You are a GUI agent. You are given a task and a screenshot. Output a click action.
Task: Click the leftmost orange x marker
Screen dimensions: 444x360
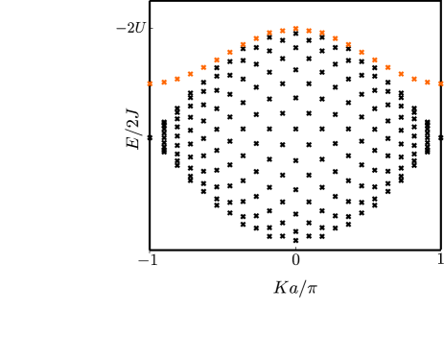[150, 84]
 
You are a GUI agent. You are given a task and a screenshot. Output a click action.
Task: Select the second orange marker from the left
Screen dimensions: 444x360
[164, 82]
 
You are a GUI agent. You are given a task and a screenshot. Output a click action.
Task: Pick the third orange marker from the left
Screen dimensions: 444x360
[177, 78]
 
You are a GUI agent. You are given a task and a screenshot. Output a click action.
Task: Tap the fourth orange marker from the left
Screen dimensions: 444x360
[190, 73]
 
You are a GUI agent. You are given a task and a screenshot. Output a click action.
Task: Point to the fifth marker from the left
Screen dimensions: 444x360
[203, 67]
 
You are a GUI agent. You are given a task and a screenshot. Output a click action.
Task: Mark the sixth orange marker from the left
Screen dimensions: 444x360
[217, 60]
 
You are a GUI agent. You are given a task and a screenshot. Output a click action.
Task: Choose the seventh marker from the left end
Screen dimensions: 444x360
[229, 52]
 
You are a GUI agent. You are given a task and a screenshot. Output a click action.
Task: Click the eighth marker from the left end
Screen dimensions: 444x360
[243, 44]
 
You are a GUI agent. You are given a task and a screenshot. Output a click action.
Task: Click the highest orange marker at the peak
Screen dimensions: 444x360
[295, 28]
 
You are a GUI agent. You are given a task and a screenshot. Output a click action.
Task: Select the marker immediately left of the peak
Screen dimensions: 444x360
[283, 30]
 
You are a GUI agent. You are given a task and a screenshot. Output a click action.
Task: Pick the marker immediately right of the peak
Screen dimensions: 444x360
[309, 30]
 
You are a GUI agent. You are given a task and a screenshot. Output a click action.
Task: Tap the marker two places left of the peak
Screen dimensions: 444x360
[269, 33]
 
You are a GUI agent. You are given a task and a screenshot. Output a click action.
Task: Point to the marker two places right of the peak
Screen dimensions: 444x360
[322, 33]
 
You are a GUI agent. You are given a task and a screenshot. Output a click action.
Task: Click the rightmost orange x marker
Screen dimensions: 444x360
[440, 84]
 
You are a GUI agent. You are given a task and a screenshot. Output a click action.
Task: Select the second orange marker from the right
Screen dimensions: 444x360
[427, 82]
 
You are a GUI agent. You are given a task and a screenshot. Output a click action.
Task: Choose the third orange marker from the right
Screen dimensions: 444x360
[413, 78]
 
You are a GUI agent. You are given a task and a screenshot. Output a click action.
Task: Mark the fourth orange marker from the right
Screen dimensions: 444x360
[401, 73]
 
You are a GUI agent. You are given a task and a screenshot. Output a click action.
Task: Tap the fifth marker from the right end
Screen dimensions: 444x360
[387, 67]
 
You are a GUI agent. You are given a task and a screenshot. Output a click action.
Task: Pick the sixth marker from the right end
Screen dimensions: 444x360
[374, 60]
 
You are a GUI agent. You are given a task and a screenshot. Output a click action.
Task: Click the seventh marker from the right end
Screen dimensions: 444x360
[362, 52]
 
